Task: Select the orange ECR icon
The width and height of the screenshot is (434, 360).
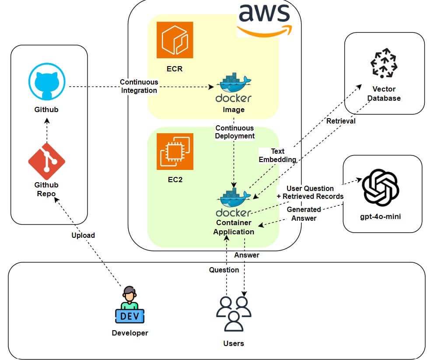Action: (175, 40)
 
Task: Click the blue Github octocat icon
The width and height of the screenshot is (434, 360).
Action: (46, 82)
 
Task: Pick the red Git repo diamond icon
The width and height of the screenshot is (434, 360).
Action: (46, 161)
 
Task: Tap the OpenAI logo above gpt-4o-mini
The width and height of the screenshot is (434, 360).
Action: (380, 188)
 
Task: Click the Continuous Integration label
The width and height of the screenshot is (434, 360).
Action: (139, 86)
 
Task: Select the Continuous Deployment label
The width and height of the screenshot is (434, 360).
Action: (234, 132)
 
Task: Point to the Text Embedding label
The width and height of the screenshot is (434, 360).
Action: (277, 155)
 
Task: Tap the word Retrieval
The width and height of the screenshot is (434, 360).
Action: (341, 121)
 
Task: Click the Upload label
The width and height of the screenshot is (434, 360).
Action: (83, 235)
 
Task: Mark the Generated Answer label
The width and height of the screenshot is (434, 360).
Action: (304, 214)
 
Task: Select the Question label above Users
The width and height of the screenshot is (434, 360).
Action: (224, 270)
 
